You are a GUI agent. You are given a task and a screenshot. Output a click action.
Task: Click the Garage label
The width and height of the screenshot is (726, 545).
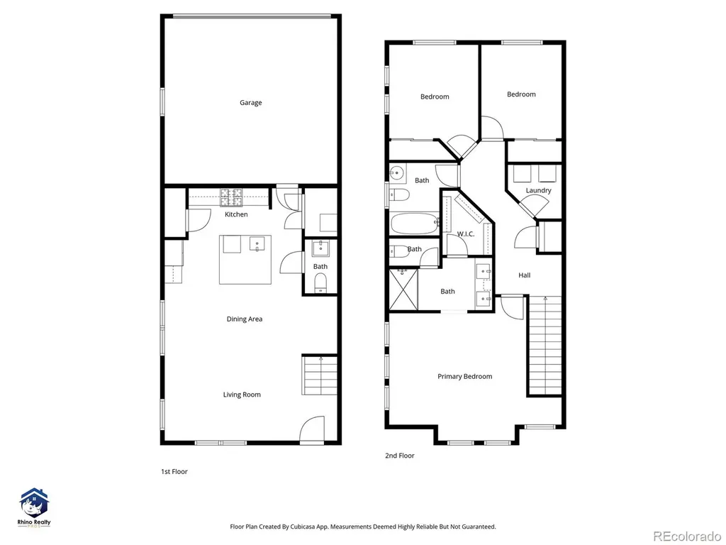(x=250, y=103)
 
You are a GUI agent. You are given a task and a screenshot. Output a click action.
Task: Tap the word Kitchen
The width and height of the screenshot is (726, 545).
(x=236, y=214)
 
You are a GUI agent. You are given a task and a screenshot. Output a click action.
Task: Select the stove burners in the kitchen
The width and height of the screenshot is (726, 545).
(x=232, y=197)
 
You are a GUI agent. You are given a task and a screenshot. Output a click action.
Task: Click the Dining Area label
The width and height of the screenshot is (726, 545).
(x=245, y=319)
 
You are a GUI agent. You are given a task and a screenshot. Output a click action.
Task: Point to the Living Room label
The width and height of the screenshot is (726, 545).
(x=242, y=395)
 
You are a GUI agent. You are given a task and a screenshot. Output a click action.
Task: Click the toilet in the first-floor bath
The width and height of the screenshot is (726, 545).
(x=320, y=282)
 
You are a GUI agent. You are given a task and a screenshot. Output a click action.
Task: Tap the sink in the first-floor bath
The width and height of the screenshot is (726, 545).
(x=320, y=248)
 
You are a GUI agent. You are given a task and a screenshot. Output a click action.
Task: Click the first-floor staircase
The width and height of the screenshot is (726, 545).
(x=320, y=375)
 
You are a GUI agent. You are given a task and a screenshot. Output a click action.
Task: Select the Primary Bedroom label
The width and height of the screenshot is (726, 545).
(x=465, y=376)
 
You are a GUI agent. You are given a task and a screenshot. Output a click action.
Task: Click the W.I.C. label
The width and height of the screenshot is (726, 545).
(x=466, y=234)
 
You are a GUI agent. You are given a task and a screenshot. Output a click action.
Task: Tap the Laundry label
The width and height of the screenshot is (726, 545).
(x=539, y=190)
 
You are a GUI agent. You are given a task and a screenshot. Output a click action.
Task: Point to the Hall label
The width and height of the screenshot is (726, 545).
(x=524, y=275)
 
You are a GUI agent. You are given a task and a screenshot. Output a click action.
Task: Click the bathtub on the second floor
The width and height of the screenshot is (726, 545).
(x=414, y=224)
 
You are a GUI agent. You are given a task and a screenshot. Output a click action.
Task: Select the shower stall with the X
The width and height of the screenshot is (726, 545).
(x=403, y=289)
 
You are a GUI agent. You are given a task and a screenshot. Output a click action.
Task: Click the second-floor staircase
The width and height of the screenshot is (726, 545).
(x=545, y=346)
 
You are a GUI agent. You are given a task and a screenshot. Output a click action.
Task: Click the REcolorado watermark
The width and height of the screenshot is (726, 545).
(x=686, y=536)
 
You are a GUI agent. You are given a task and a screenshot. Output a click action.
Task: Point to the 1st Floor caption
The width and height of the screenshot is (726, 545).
(x=174, y=472)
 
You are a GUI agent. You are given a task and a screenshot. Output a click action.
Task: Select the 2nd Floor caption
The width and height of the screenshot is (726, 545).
(x=400, y=456)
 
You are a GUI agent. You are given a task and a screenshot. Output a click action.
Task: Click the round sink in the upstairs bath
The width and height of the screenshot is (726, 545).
(x=396, y=174)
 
